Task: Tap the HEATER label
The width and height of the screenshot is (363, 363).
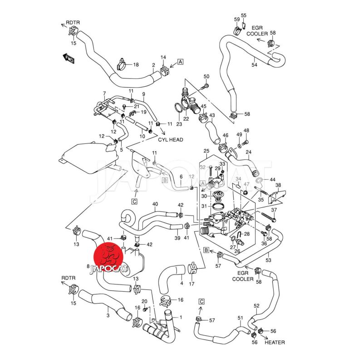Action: (x=275, y=342)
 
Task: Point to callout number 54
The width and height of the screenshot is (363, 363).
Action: (x=254, y=65)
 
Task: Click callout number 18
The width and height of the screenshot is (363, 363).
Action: (x=135, y=65)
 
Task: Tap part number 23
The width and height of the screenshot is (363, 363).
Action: (x=179, y=124)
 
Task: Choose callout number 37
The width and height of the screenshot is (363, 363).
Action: (x=274, y=210)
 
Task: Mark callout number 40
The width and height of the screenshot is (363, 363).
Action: (x=155, y=204)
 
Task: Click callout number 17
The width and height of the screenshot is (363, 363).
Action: (x=191, y=285)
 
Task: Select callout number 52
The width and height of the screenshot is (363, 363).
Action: (x=256, y=306)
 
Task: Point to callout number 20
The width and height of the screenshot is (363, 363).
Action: (x=144, y=302)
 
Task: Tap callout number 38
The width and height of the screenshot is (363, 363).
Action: (x=278, y=185)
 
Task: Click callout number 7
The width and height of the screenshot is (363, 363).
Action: (x=105, y=94)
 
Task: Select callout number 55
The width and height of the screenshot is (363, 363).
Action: (x=244, y=15)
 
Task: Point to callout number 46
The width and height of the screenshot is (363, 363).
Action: (x=226, y=136)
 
